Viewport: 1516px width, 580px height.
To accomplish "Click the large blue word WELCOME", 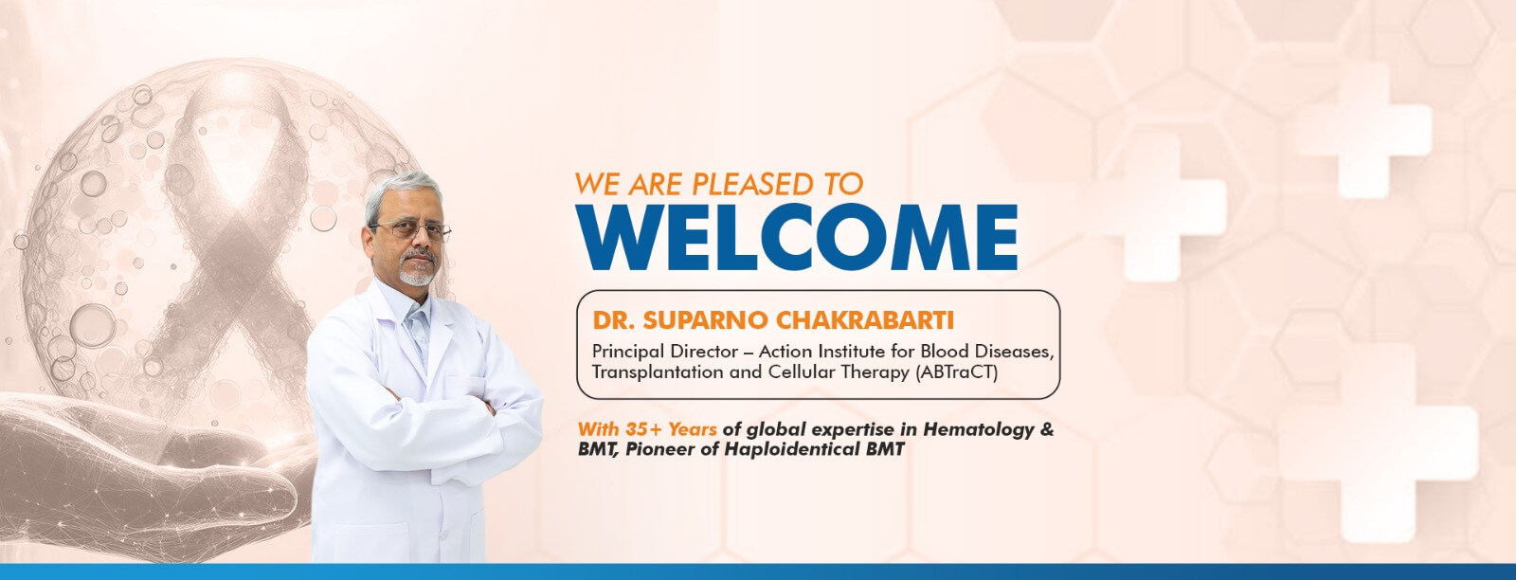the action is pyautogui.click(x=797, y=237).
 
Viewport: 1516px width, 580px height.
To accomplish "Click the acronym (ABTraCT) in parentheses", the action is pyautogui.click(x=956, y=372).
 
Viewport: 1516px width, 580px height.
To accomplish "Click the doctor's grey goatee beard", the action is pyautogui.click(x=416, y=271).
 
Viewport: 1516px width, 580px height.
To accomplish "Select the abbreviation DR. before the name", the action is pyautogui.click(x=615, y=320).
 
